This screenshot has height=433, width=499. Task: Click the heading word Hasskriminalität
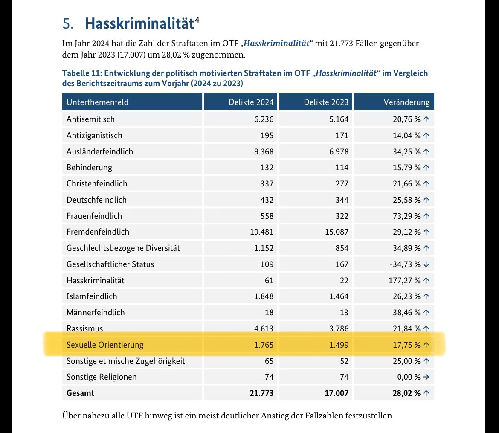[139, 23]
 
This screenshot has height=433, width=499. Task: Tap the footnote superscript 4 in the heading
[197, 20]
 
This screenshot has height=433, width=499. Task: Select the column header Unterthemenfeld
[97, 102]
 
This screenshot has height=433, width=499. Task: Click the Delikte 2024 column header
[251, 102]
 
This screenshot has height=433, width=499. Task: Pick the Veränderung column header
[406, 102]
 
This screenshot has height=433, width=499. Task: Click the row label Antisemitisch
[90, 119]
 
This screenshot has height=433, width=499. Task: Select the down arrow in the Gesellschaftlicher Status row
[426, 264]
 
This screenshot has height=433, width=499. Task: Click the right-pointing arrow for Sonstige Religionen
[426, 377]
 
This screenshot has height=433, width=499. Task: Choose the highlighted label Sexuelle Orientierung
[105, 345]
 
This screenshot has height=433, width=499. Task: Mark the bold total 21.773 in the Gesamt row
[261, 393]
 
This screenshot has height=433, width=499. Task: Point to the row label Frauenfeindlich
[94, 216]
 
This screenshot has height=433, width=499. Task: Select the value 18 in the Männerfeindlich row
[269, 312]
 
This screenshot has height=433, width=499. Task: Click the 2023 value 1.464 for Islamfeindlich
[338, 296]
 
